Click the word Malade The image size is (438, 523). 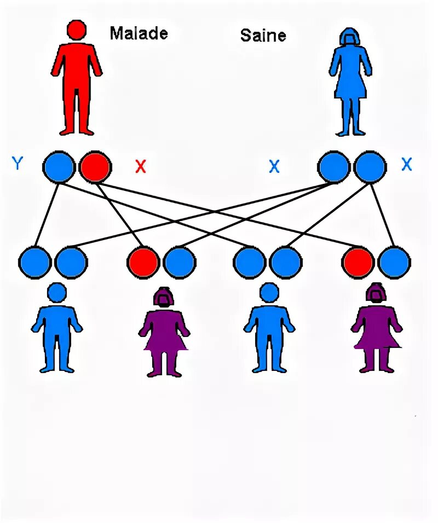point(139,33)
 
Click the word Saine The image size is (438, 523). point(263,36)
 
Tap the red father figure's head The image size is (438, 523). point(77,30)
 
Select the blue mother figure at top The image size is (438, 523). point(350,82)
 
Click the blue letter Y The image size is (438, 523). point(18,163)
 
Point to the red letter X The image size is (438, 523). point(141,167)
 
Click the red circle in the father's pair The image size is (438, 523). point(95,167)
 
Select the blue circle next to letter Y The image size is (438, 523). point(59,167)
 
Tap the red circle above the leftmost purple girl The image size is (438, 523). point(143,262)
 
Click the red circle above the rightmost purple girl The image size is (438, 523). point(359,262)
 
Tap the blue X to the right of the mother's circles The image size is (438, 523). point(406,165)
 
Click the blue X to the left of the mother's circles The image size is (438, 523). point(274,167)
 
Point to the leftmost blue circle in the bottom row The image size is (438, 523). point(34,262)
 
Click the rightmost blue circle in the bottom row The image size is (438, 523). point(394,262)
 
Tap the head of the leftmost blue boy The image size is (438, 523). point(57,293)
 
